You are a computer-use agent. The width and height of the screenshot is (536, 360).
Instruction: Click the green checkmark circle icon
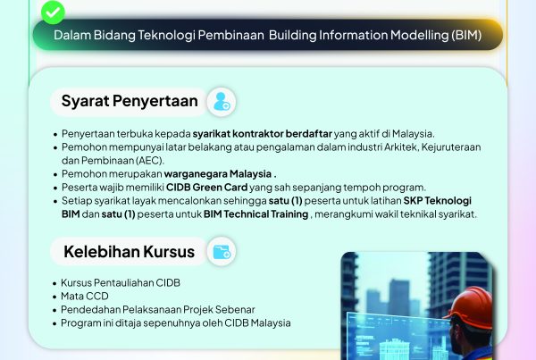pos(54,11)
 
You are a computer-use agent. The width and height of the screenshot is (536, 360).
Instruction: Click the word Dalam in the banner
pos(71,37)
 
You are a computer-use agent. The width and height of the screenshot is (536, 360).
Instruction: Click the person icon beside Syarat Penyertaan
pos(221,102)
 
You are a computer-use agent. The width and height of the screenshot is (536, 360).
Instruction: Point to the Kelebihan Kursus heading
pos(129,253)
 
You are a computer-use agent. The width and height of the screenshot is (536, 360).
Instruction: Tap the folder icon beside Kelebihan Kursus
pos(221,253)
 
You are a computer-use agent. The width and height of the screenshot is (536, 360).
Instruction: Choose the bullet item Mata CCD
pos(87,296)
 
